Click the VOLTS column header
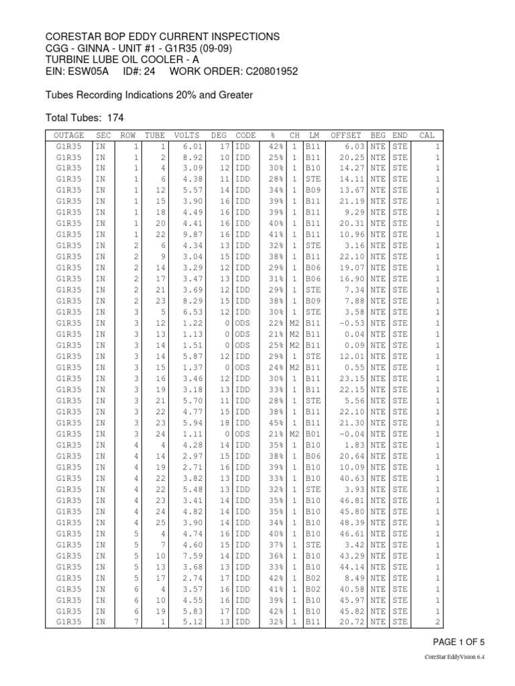(x=186, y=135)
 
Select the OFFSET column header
(x=345, y=135)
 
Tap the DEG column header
(x=219, y=135)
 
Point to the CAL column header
(x=426, y=135)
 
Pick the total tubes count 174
(x=115, y=117)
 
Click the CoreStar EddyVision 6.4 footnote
(x=455, y=658)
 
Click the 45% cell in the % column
(x=274, y=423)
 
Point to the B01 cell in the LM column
(x=312, y=434)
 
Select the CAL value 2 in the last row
(x=437, y=622)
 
